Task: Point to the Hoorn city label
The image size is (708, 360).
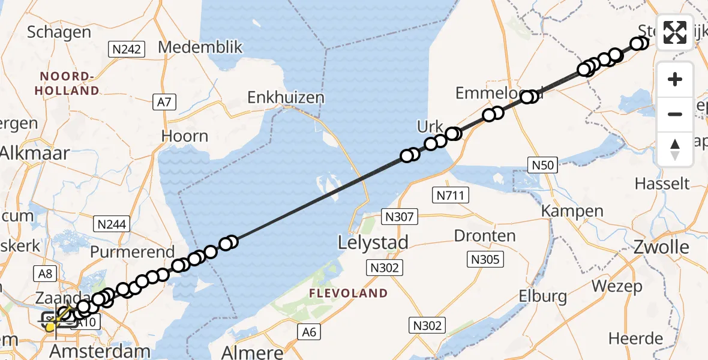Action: pos(185,136)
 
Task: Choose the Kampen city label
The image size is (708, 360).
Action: pos(572,211)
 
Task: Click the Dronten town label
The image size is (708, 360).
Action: pos(485,235)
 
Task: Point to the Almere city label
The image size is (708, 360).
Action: pos(252,352)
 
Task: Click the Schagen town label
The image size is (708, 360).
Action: pos(59,32)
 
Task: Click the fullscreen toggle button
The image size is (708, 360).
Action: pos(675,32)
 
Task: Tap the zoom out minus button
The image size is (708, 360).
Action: pos(675,114)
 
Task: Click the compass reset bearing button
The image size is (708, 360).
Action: pos(675,149)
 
